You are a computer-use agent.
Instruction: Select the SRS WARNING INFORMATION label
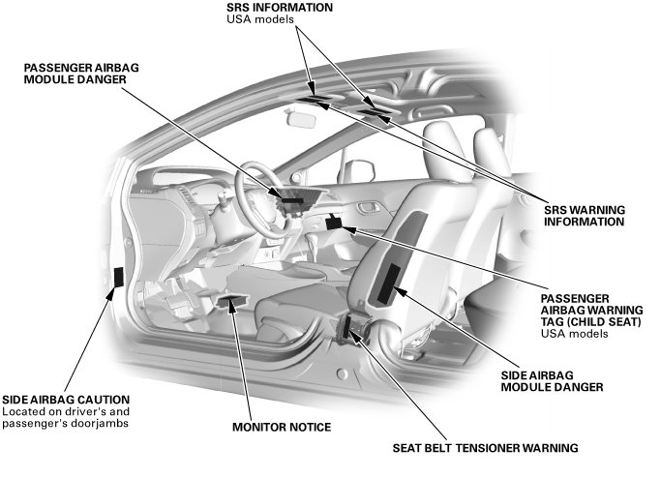[584, 216]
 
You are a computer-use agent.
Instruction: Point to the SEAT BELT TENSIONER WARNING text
[485, 448]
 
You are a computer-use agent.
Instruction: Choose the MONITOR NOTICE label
[281, 427]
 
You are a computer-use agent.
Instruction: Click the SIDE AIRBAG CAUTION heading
[65, 399]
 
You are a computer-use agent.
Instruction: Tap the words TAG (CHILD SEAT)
[591, 322]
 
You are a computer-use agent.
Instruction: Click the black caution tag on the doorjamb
[118, 278]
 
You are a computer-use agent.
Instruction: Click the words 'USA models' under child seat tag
[575, 334]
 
